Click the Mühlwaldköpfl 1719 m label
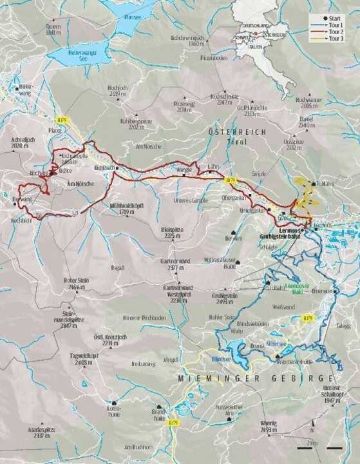point(121,209)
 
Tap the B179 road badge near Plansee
point(62,120)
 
